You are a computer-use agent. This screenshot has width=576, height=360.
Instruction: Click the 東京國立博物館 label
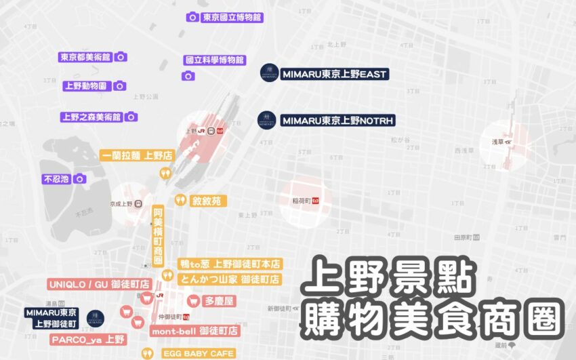[232, 17]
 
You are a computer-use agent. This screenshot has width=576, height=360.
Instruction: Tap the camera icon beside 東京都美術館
[121, 58]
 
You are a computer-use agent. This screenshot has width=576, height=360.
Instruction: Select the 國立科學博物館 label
[215, 60]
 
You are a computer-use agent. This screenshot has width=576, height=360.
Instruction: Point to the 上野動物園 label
[86, 86]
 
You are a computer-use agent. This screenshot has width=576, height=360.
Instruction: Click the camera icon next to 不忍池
[80, 179]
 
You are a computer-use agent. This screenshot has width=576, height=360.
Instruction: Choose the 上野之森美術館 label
[91, 117]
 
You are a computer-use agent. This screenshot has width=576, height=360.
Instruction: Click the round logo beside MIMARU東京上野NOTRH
[267, 121]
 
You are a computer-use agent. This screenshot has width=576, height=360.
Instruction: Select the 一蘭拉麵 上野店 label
[136, 155]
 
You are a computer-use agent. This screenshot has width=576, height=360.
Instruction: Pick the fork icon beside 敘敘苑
[180, 200]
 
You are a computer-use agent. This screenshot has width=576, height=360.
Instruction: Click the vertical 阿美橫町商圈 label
[158, 235]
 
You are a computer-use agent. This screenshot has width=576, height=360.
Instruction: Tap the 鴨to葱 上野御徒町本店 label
[230, 264]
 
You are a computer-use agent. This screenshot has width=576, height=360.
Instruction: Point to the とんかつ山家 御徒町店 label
[230, 279]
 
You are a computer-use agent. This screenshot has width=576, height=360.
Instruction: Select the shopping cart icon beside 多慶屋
[193, 300]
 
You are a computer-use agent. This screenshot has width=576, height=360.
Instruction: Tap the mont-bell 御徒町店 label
[194, 331]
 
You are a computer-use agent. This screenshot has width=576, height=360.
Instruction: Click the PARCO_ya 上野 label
[87, 339]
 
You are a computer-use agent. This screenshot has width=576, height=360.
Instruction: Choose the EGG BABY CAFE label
[198, 353]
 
